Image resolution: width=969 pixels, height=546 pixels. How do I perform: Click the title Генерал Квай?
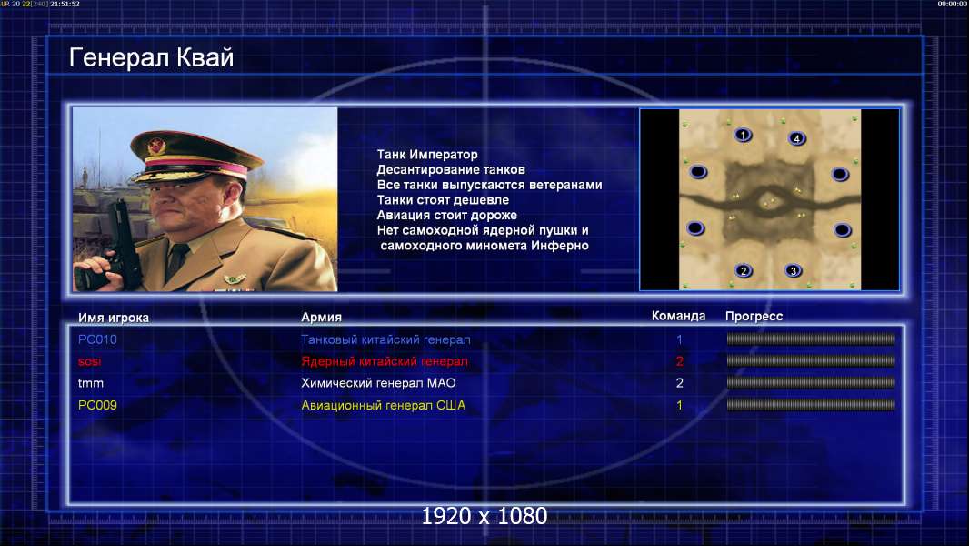coord(152,57)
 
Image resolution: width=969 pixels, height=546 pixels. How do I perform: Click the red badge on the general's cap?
coord(156,146)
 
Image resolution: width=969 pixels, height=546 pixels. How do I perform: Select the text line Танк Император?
coord(427,155)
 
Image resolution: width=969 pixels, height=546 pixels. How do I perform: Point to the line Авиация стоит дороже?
coord(447,215)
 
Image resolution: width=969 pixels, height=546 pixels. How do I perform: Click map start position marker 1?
coord(743,135)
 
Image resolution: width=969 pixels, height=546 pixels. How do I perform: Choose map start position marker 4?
coord(796,138)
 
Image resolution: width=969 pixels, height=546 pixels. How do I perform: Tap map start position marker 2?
coord(744,271)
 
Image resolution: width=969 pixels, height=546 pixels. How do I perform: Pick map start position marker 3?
coord(793,271)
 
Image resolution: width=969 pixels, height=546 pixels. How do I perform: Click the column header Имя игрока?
coord(113,318)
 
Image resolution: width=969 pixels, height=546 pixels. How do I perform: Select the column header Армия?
coord(322,318)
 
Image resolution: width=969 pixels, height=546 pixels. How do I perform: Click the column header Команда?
coord(678,316)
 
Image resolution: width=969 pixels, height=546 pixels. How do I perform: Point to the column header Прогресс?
coord(754,317)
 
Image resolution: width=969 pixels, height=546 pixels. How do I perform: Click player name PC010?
coord(97,339)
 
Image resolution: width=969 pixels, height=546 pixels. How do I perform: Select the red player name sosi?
coord(90,362)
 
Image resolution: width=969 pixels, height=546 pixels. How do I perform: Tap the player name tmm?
coord(91,383)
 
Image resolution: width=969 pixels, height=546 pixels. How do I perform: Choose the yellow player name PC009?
coord(97,406)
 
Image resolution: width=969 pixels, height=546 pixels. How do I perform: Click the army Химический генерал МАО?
coord(378,383)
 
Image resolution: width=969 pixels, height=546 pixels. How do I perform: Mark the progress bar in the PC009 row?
coord(811,406)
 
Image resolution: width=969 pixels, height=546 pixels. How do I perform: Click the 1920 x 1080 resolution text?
coord(484,516)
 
